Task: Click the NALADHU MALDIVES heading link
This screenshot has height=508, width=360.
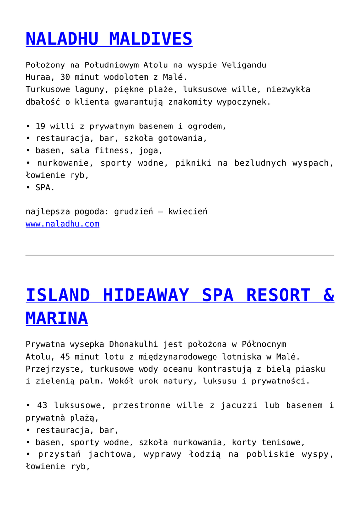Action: pos(109,39)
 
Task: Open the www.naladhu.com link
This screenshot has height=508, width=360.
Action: pos(62,224)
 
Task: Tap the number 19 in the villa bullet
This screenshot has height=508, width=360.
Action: pos(40,126)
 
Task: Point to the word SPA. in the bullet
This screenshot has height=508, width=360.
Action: pos(45,188)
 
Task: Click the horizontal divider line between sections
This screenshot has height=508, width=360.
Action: pos(180,256)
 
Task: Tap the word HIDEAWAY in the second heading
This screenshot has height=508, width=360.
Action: pos(145,295)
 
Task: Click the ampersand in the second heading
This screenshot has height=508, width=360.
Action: pos(328,295)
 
